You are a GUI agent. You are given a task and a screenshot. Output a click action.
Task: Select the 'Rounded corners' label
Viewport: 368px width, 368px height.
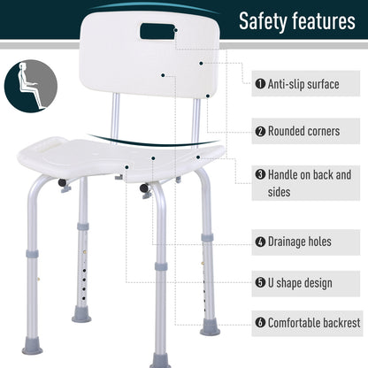(x=303, y=131)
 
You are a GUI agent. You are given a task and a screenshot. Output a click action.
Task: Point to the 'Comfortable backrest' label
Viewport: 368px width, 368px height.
(x=311, y=324)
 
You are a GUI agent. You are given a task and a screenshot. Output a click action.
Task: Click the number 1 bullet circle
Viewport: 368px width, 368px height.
(x=260, y=84)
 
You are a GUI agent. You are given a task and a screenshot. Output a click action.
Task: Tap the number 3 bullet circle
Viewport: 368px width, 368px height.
(x=260, y=175)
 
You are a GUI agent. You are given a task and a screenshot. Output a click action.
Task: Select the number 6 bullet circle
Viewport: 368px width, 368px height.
(x=260, y=324)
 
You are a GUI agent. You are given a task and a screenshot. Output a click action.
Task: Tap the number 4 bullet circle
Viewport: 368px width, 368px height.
(x=260, y=241)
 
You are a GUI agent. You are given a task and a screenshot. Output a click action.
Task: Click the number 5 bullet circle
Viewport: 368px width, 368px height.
(x=260, y=283)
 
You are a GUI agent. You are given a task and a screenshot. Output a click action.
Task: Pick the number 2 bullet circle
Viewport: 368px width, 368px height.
(x=260, y=131)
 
